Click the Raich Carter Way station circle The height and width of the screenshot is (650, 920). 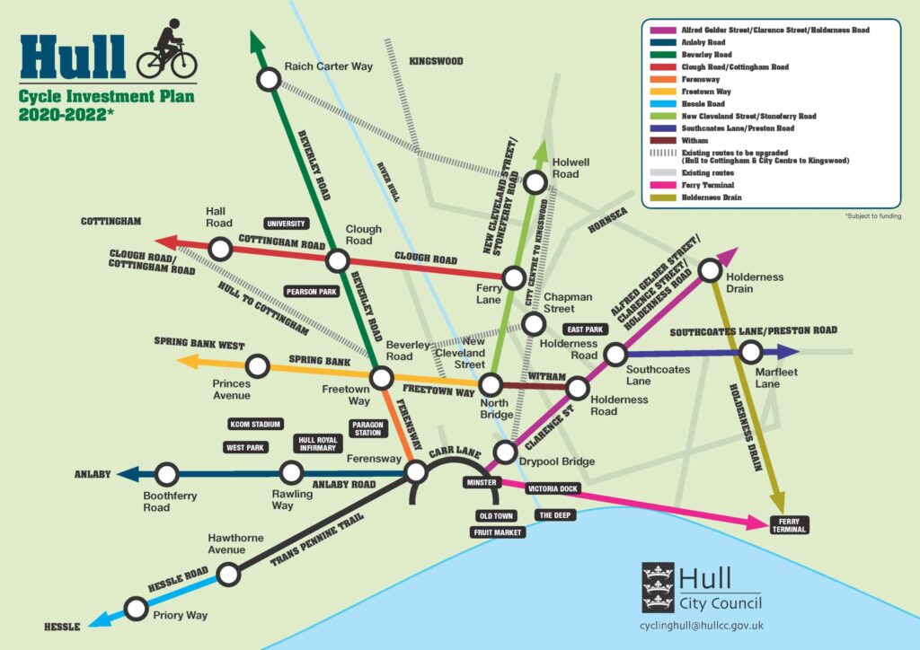pyautogui.click(x=268, y=81)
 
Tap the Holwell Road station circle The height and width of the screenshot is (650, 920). pyautogui.click(x=535, y=182)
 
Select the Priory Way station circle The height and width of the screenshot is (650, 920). pyautogui.click(x=136, y=610)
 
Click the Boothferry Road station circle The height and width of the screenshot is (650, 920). pyautogui.click(x=166, y=474)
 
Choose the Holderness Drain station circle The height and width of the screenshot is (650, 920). pyautogui.click(x=709, y=268)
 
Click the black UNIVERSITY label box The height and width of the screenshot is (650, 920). pyautogui.click(x=287, y=223)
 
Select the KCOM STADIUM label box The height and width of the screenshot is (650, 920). pyautogui.click(x=256, y=424)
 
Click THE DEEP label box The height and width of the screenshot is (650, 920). pyautogui.click(x=553, y=515)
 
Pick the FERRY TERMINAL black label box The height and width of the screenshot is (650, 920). pyautogui.click(x=790, y=524)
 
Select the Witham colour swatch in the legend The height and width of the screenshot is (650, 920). pyautogui.click(x=662, y=140)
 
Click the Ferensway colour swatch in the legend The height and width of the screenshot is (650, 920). pyautogui.click(x=662, y=78)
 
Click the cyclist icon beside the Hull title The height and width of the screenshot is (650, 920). pyautogui.click(x=165, y=50)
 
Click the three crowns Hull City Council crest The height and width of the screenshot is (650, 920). pyautogui.click(x=658, y=587)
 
